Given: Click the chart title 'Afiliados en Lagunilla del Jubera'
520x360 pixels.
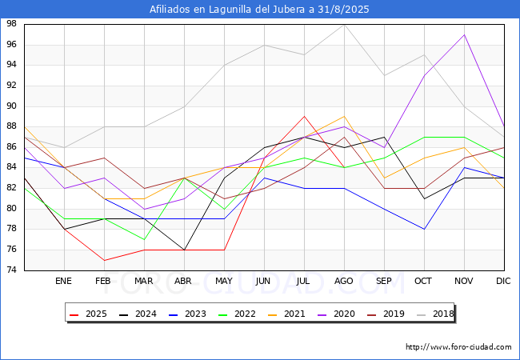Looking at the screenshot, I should click(260, 10).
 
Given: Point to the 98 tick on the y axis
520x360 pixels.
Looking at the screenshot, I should click(13, 24).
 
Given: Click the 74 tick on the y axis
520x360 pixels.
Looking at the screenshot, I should click(13, 270).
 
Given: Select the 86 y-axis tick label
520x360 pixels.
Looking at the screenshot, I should click(13, 147).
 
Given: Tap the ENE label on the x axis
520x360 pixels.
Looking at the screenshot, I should click(63, 282).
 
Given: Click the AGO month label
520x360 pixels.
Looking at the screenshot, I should click(343, 282).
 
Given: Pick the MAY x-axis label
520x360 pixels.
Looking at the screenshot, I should click(223, 282).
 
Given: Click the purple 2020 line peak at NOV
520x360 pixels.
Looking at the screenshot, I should click(464, 34).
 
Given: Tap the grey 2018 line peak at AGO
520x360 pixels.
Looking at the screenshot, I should click(344, 24).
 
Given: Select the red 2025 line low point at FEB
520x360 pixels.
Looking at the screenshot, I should click(103, 260).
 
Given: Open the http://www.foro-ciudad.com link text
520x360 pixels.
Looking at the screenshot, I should click(458, 347).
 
